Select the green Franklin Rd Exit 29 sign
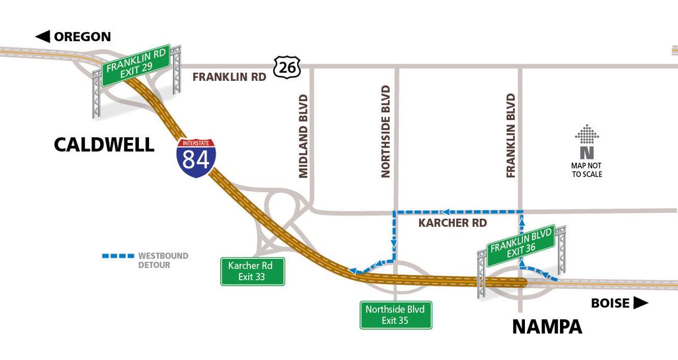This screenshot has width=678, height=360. tap(136, 66)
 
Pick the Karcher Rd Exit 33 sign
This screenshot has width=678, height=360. tap(252, 271)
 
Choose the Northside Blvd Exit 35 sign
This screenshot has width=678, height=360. tap(396, 315)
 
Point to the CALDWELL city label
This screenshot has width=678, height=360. tap(104, 144)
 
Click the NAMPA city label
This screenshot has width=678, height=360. tap(547, 327)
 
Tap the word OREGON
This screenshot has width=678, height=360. tap(82, 37)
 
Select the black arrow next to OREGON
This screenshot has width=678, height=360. tap(42, 37)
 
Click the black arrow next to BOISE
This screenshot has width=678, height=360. tap(640, 303)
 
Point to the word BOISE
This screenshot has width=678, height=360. tap(610, 303)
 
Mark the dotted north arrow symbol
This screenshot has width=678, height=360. tap(586, 135)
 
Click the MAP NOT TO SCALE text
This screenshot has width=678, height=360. tap(586, 170)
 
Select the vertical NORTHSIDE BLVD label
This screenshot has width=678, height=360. tap(386, 131)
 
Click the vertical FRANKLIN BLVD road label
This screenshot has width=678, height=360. tap(511, 136)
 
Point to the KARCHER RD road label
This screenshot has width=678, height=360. tap(452, 223)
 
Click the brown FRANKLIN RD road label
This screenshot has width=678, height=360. tap(229, 77)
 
